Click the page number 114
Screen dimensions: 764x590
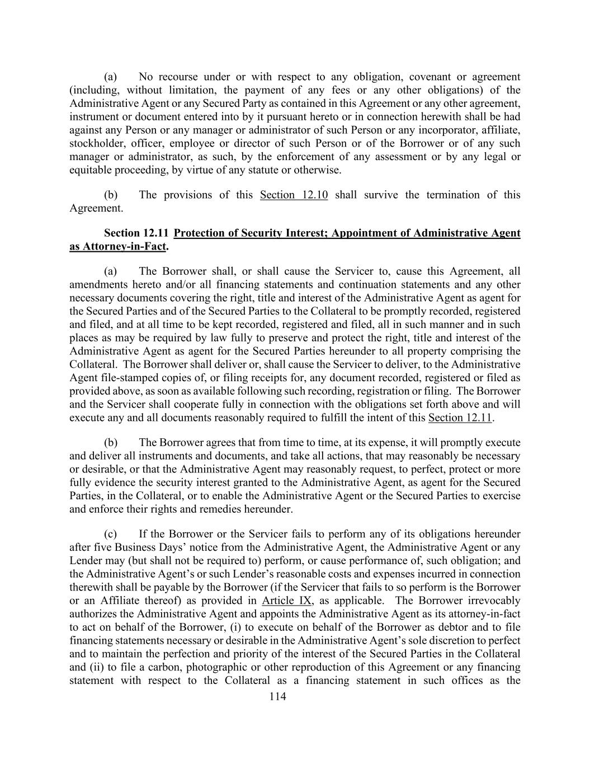(277, 696)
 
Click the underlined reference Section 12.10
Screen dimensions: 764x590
(294, 195)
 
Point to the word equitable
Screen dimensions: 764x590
(91, 170)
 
